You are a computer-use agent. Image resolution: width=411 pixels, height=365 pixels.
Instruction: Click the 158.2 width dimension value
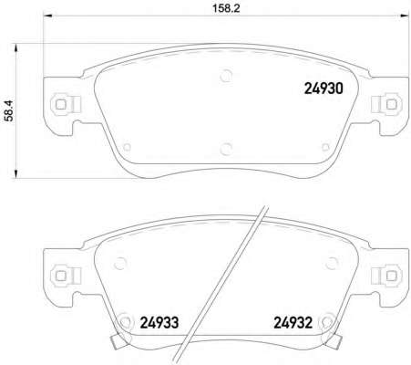click(226, 8)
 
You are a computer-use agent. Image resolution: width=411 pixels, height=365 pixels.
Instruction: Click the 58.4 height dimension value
click(9, 110)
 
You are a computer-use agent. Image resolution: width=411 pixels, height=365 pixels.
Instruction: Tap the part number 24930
click(324, 89)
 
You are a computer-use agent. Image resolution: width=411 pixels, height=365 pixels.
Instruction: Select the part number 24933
click(159, 322)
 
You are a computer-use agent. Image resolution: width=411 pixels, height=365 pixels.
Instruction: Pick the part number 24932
click(293, 322)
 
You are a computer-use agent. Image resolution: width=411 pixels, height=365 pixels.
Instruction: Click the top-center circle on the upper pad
click(226, 76)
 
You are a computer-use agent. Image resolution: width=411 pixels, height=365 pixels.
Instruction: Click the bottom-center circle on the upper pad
click(226, 149)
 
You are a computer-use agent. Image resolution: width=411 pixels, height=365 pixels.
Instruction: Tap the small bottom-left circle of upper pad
click(128, 147)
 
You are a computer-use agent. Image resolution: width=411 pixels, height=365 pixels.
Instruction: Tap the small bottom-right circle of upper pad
click(325, 147)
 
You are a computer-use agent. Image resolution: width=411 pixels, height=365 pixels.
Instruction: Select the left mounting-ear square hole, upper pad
click(60, 105)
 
